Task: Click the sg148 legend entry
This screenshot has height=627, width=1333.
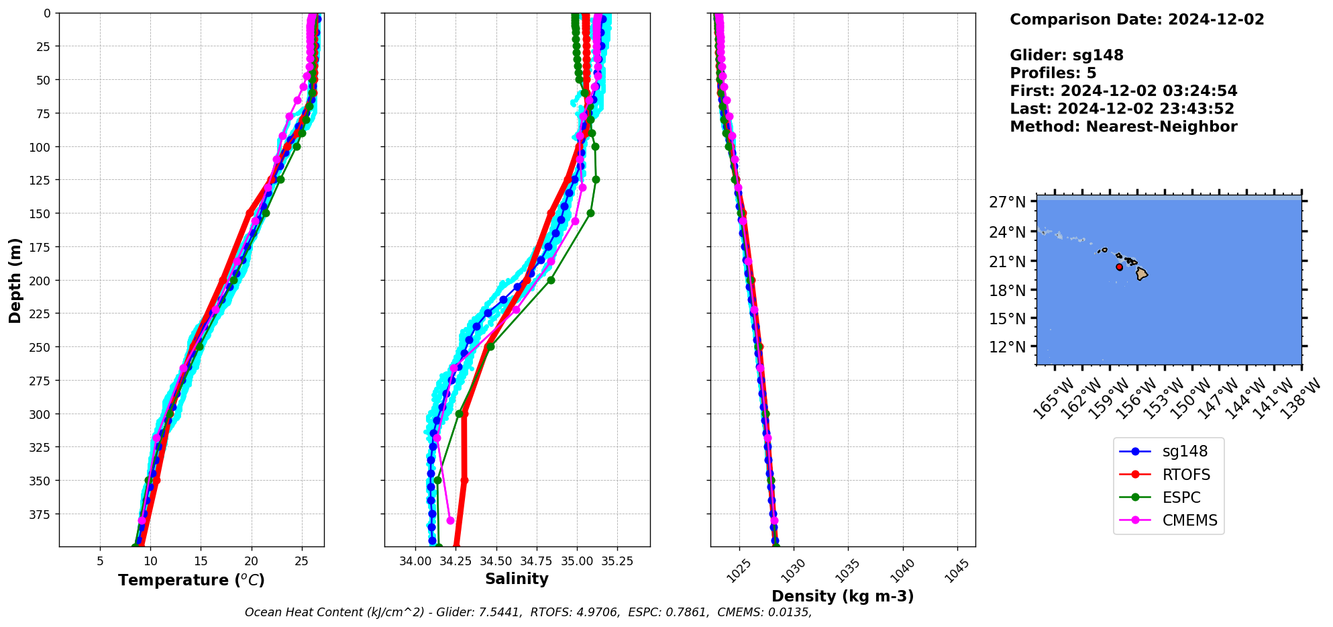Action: coord(1184,452)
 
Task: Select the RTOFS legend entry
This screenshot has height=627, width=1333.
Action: coord(1185,475)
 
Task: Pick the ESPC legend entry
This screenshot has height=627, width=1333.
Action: coord(1181,497)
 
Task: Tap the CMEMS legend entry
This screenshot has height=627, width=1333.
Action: coord(1189,520)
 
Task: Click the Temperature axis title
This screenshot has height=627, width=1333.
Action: coord(191,580)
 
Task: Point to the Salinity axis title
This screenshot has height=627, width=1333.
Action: coord(517,579)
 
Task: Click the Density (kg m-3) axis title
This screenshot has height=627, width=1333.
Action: coord(843,596)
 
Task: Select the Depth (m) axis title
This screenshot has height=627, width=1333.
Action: coord(15,280)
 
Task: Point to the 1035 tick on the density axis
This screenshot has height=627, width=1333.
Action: coord(847,569)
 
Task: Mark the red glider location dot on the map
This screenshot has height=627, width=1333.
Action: coord(1119,267)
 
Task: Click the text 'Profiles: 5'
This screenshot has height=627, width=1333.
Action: coord(1053,73)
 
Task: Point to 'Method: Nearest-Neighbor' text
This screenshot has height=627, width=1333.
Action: coord(1123,127)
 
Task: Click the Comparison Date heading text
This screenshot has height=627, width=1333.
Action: coord(1136,19)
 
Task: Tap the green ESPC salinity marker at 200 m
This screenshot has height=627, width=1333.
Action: coord(551,280)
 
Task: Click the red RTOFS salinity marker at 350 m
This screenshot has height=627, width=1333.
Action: coord(464,480)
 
